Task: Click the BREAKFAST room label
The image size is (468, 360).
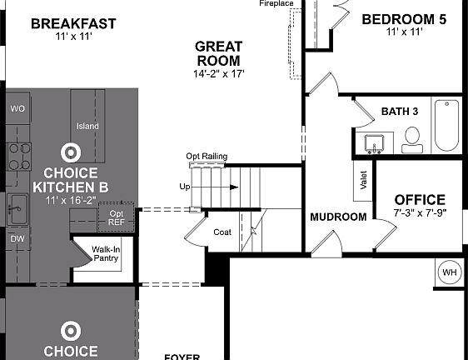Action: click(x=73, y=23)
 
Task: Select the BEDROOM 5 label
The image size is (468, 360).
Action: click(x=404, y=19)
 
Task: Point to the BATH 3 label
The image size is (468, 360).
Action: click(x=400, y=112)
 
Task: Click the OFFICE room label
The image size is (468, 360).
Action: click(x=419, y=200)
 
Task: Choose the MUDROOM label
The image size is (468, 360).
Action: click(x=338, y=217)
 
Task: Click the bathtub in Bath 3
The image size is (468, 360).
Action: click(x=446, y=126)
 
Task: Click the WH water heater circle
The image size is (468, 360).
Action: click(x=450, y=272)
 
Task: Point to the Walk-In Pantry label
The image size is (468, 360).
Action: click(x=105, y=253)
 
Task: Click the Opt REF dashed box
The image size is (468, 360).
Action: click(x=116, y=217)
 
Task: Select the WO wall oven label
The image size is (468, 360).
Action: click(x=17, y=109)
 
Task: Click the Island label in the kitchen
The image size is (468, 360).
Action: click(x=87, y=127)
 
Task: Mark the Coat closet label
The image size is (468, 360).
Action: click(x=222, y=232)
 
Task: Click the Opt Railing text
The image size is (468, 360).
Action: click(x=207, y=157)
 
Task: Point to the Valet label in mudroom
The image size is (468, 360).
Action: click(x=364, y=181)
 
